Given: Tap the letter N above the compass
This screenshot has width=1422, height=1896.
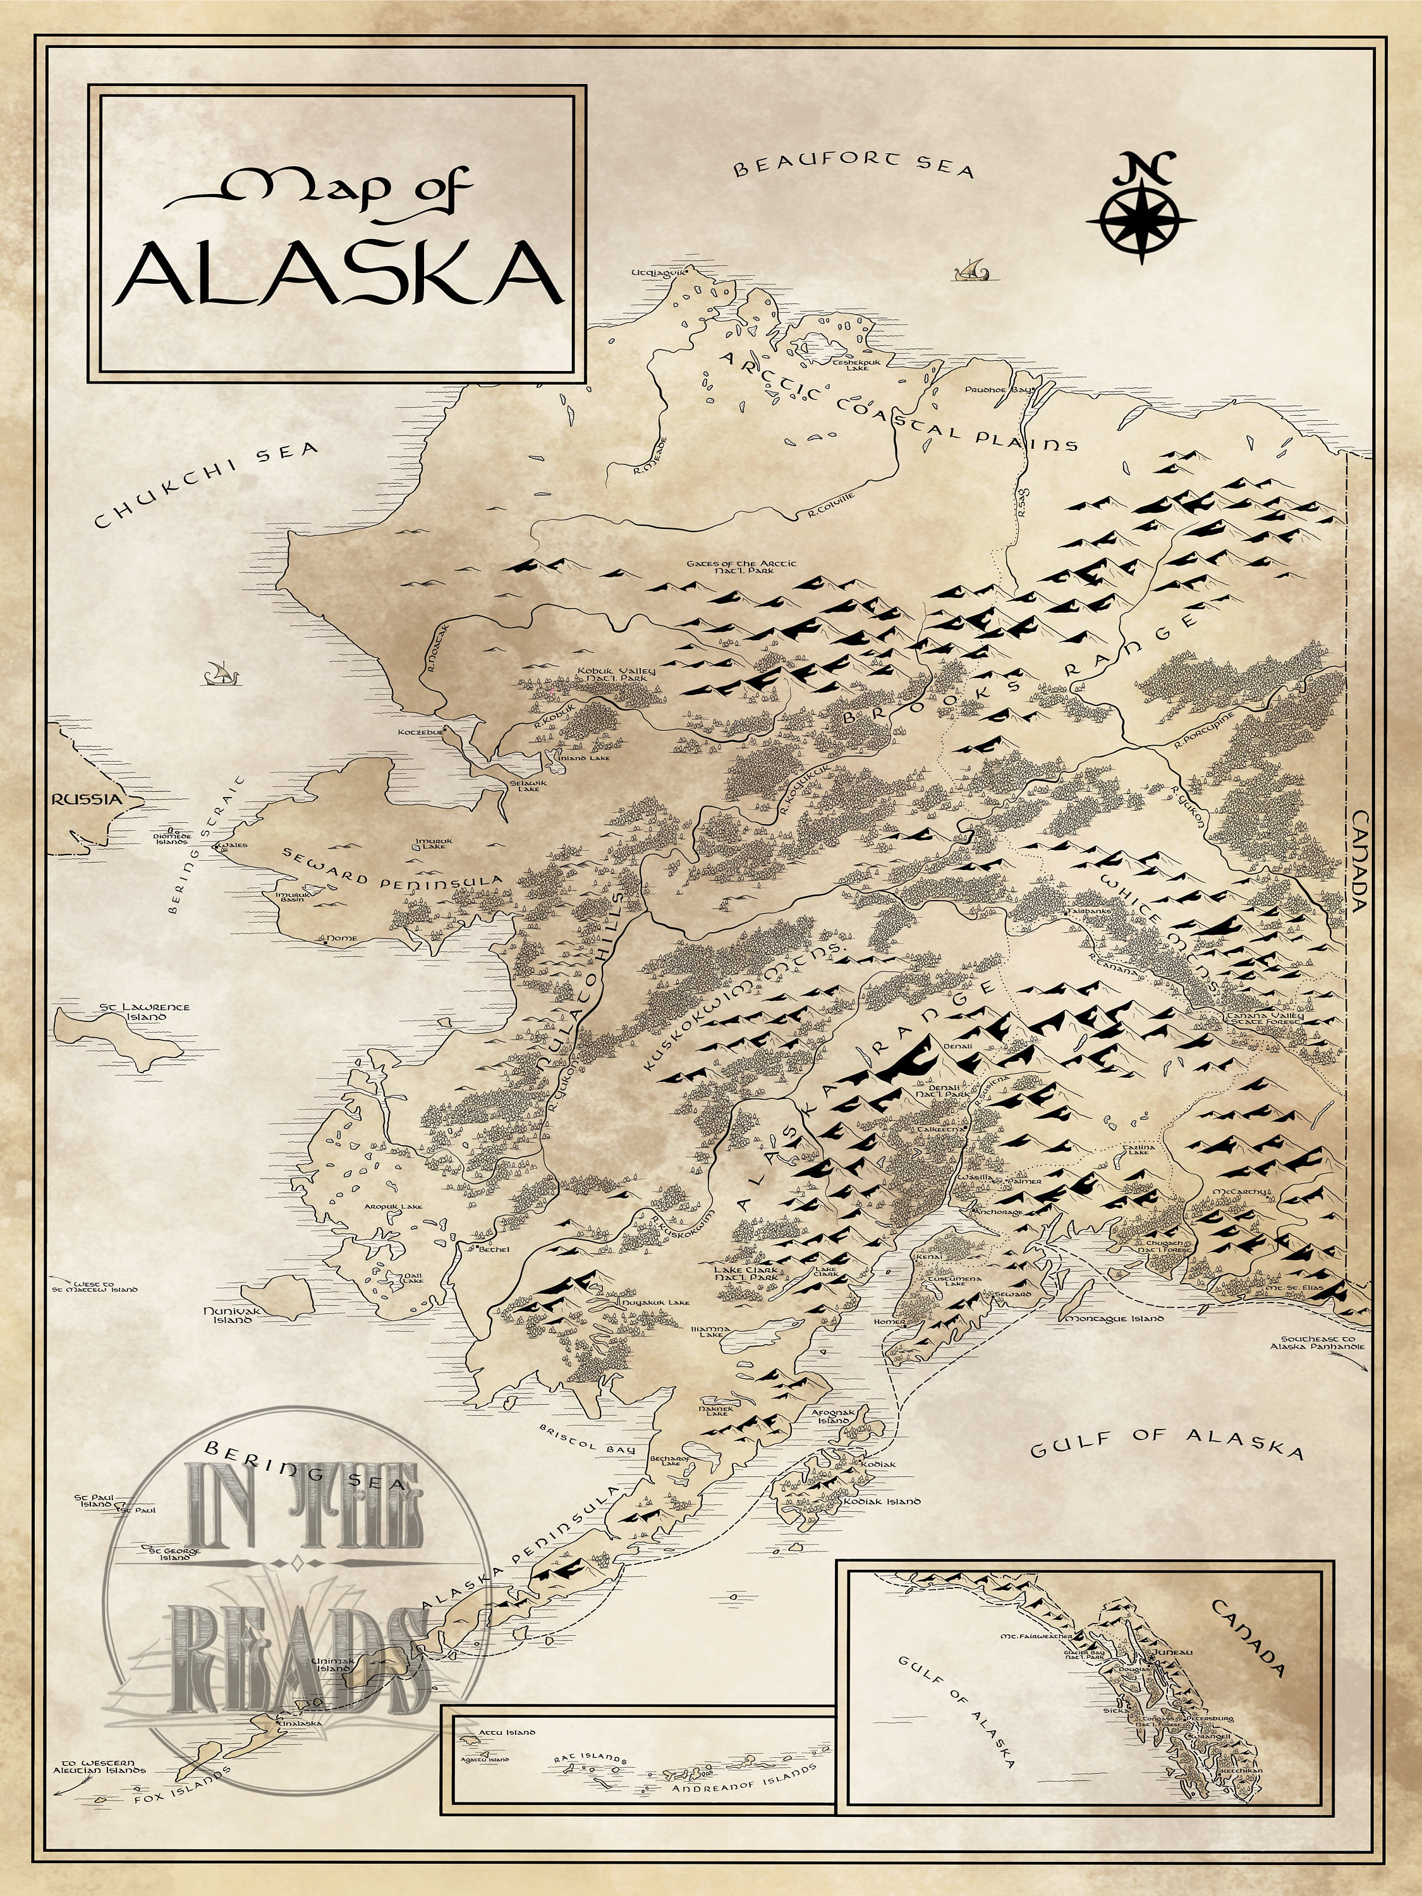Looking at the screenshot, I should coord(1141,168).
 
